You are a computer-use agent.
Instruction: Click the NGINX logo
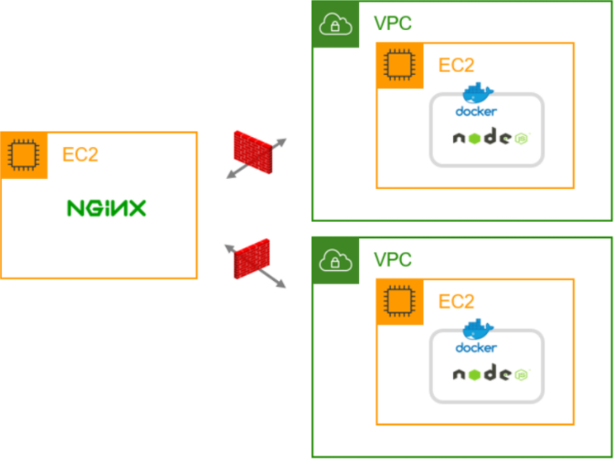click(x=107, y=208)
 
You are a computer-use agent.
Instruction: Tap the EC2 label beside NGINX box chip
click(x=79, y=154)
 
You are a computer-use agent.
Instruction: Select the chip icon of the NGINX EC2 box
click(x=24, y=155)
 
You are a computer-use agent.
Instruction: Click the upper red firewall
click(x=253, y=152)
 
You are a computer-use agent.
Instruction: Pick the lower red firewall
click(x=252, y=258)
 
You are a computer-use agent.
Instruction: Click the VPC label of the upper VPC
click(x=393, y=23)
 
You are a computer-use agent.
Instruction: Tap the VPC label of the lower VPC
click(x=393, y=259)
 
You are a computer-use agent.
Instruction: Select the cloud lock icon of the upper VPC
click(x=335, y=25)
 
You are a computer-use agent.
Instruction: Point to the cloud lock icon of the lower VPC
click(x=335, y=260)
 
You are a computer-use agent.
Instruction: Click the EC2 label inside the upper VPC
click(x=456, y=65)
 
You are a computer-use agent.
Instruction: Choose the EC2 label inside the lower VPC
click(x=456, y=301)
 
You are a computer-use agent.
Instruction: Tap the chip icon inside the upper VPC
click(x=399, y=65)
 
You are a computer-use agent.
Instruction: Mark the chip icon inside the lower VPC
click(x=399, y=301)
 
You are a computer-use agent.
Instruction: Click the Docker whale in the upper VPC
click(x=478, y=93)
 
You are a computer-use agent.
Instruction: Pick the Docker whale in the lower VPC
click(x=478, y=330)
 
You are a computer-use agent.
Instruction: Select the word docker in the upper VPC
click(x=476, y=111)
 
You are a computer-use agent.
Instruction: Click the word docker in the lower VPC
click(x=476, y=348)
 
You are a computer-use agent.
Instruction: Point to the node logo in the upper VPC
click(x=492, y=137)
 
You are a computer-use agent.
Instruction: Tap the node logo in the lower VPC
click(x=492, y=373)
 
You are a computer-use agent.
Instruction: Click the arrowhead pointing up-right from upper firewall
click(x=281, y=142)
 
